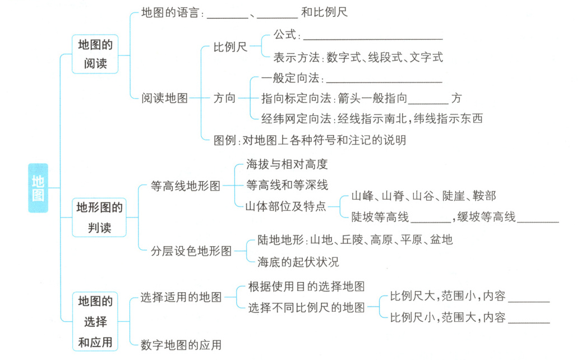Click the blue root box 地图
[38, 188]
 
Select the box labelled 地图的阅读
[95, 54]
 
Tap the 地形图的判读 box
[99, 218]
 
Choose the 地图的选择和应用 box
[95, 322]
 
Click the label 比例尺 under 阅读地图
[230, 48]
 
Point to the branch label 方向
[225, 98]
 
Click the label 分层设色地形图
[191, 251]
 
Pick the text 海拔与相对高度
[287, 165]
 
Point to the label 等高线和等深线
[287, 185]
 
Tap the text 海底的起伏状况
[298, 262]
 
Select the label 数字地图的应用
[181, 345]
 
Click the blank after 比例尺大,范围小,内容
[529, 298]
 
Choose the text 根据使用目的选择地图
[306, 287]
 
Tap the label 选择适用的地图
[181, 298]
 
